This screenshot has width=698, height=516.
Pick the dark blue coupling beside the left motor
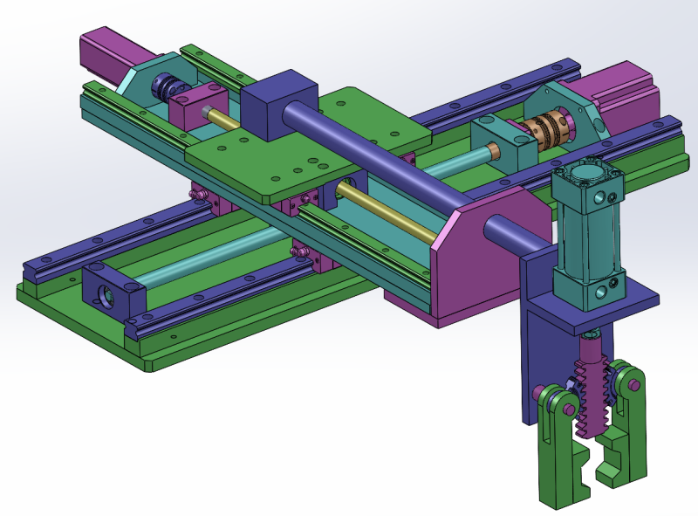pyautogui.click(x=166, y=87)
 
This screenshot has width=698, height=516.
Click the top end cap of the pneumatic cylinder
pyautogui.click(x=586, y=179)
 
